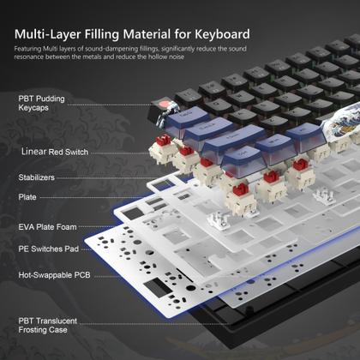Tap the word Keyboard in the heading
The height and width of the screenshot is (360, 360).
[218, 34]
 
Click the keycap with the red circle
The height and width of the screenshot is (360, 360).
[160, 109]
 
